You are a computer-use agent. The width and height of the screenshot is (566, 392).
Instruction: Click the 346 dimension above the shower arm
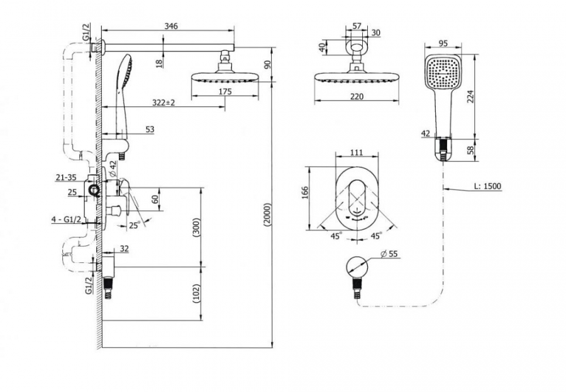(x=171, y=26)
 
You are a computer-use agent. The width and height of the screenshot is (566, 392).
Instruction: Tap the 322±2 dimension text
(x=164, y=103)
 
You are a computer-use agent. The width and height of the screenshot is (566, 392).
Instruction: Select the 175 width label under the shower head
(x=225, y=91)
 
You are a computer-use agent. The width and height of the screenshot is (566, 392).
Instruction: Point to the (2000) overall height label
(x=267, y=215)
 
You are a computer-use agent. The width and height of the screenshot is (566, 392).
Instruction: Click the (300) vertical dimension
(x=196, y=227)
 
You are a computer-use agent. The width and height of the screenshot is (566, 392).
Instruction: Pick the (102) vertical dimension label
(x=196, y=293)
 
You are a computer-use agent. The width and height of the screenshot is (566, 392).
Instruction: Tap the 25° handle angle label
(x=135, y=225)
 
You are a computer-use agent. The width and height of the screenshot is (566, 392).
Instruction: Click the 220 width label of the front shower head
(x=357, y=96)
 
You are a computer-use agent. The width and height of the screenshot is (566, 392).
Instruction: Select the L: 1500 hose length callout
(x=487, y=186)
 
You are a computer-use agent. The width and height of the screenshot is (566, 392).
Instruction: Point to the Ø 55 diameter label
(x=389, y=254)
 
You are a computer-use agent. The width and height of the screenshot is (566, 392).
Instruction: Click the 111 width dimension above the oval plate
(x=357, y=152)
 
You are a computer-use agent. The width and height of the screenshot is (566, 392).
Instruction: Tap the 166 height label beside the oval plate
(x=305, y=193)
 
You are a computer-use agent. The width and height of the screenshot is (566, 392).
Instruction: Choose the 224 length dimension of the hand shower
(x=470, y=96)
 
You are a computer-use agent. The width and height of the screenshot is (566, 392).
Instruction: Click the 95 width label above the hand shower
(x=443, y=43)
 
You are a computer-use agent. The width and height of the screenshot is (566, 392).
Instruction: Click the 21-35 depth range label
(x=66, y=177)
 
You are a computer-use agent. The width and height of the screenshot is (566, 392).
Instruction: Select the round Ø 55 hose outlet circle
(x=357, y=267)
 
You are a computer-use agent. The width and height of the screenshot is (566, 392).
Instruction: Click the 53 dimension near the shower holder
(x=150, y=130)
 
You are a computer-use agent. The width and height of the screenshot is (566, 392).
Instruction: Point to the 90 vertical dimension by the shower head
(x=267, y=65)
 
